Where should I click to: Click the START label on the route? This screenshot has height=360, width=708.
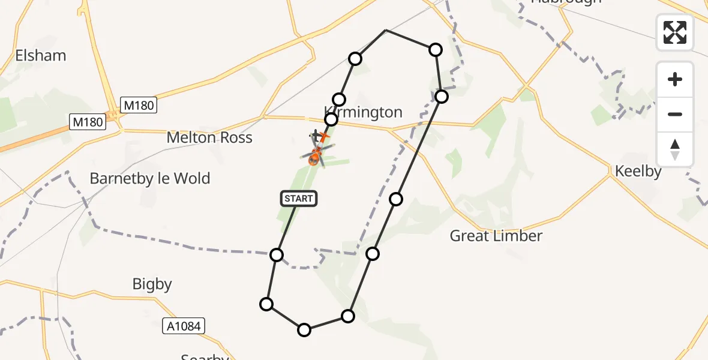[x=298, y=199]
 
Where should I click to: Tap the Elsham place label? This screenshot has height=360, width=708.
[x=41, y=56]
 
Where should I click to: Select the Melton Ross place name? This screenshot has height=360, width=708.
[x=209, y=137]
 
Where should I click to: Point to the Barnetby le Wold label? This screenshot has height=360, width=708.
[x=150, y=178]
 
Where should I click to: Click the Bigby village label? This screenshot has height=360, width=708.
[x=152, y=284]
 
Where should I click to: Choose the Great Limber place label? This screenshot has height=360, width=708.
[x=496, y=236]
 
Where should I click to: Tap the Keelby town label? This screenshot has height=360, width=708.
[x=638, y=172]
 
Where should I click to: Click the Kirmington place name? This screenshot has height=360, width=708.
[x=363, y=112]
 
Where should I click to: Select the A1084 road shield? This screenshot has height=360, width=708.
[x=184, y=326]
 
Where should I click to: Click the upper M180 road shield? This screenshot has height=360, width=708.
[x=139, y=106]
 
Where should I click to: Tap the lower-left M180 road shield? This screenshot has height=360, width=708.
[x=88, y=122]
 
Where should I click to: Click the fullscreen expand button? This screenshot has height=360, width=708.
[x=675, y=32]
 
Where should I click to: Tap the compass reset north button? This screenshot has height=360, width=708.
[x=675, y=149]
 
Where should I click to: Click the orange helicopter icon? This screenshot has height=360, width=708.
[x=315, y=158]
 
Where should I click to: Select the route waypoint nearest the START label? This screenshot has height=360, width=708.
[x=277, y=255]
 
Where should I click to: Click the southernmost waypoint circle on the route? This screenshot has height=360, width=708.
[x=304, y=329]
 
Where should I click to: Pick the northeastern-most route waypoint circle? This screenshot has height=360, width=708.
[x=436, y=50]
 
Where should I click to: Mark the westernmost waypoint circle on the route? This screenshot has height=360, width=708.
[x=266, y=304]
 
